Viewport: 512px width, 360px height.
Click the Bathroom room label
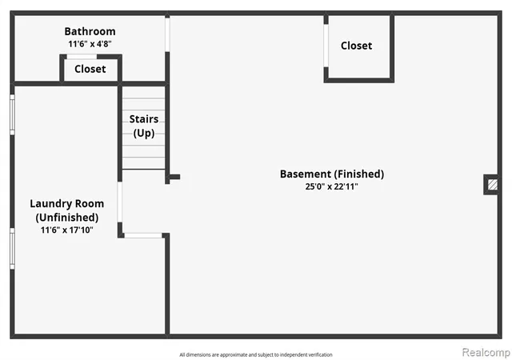90,31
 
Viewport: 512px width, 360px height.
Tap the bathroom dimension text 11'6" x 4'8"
90,44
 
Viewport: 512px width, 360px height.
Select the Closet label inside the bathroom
90,69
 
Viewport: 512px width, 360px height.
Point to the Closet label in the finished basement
356,46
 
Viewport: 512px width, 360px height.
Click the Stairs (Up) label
144,126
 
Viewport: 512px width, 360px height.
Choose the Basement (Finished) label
332,174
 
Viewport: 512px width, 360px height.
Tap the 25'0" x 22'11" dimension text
332,186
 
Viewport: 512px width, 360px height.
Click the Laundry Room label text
67,204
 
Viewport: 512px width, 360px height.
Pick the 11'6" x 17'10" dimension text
67,230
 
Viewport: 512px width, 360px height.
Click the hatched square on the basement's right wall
493,185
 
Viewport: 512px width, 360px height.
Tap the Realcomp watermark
486,352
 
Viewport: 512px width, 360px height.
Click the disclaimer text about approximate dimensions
256,354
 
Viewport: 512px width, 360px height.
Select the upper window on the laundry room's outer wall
12,114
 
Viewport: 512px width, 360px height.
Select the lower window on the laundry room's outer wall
12,249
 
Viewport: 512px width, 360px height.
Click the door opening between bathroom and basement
167,34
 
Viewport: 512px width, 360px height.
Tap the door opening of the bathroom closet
82,57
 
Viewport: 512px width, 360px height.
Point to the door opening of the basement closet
326,46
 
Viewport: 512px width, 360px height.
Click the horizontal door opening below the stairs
143,235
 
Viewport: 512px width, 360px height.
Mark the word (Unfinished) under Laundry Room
67,218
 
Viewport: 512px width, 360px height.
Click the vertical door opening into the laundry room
120,202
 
